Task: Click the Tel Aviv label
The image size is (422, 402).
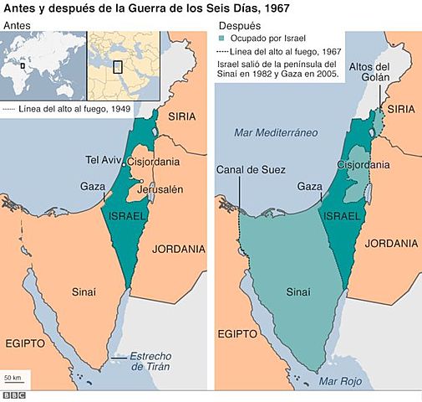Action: pyautogui.click(x=104, y=159)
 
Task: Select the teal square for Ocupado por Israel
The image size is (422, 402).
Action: pyautogui.click(x=221, y=39)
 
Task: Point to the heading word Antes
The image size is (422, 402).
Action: pyautogui.click(x=19, y=26)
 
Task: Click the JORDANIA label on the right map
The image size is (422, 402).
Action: pyautogui.click(x=390, y=244)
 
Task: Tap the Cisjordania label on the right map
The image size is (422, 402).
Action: pyautogui.click(x=360, y=165)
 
